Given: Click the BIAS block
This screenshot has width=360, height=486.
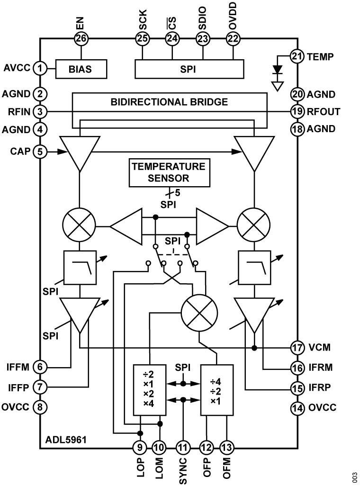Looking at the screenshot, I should [x=81, y=69].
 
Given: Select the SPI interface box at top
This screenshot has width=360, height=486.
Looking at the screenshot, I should [x=189, y=69].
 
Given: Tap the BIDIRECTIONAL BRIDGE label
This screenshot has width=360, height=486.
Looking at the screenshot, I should [x=169, y=101].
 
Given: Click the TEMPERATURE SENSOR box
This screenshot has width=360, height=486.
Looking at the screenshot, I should [x=168, y=172].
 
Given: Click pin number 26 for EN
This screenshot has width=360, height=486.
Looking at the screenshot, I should [x=81, y=39].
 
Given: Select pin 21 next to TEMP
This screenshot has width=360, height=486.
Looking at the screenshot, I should [x=297, y=57].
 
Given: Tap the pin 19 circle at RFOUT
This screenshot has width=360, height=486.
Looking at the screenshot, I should [x=297, y=112].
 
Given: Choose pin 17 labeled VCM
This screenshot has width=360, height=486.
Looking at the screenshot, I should [x=297, y=347].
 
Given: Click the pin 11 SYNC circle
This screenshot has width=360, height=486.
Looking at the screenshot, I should [x=182, y=446].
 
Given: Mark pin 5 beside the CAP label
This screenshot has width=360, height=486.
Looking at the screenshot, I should [x=41, y=152].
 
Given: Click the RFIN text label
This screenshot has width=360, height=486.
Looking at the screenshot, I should [x=19, y=112].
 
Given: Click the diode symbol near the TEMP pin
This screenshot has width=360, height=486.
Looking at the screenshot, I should [x=278, y=70].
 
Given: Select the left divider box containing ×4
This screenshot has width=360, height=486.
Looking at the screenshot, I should [x=150, y=390].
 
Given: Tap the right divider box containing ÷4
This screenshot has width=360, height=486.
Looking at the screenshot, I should [x=217, y=390].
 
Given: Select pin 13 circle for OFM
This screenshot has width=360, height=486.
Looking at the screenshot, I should [x=227, y=446].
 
